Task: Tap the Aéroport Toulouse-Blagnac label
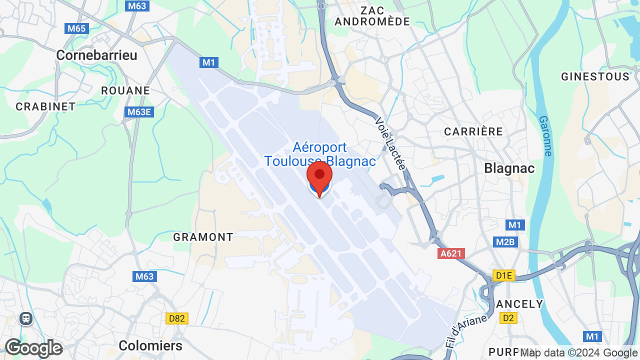(320, 154)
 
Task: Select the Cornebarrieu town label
(96, 55)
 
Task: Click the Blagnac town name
(509, 168)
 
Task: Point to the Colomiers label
(150, 345)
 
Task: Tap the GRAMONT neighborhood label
(203, 237)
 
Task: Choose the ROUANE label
(125, 90)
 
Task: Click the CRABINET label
(45, 106)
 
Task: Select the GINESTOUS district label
(595, 76)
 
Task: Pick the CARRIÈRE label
(473, 131)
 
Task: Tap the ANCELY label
(519, 304)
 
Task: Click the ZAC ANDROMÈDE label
(372, 16)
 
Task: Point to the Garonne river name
(545, 136)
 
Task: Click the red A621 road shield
(451, 253)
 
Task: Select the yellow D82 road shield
(177, 318)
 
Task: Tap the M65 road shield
(76, 28)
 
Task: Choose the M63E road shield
(139, 112)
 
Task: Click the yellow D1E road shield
(503, 275)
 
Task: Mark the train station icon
(26, 318)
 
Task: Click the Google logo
(33, 348)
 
